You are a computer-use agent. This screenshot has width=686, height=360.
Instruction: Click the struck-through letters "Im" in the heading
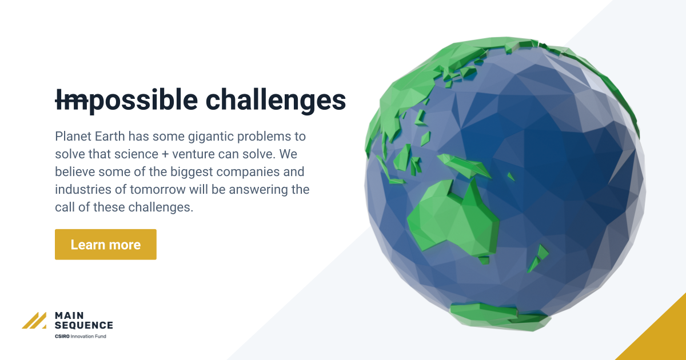coord(71,100)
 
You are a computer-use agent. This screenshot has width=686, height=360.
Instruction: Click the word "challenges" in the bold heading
coord(276,100)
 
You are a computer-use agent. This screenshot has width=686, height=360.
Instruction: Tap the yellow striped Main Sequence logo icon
coord(34,321)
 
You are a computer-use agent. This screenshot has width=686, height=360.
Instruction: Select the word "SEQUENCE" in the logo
coord(84,325)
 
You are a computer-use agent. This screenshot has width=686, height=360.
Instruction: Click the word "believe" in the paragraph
coord(74,172)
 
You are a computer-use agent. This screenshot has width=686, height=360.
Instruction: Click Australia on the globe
coord(452,220)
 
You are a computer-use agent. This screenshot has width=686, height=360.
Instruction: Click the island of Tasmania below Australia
coord(484,260)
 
